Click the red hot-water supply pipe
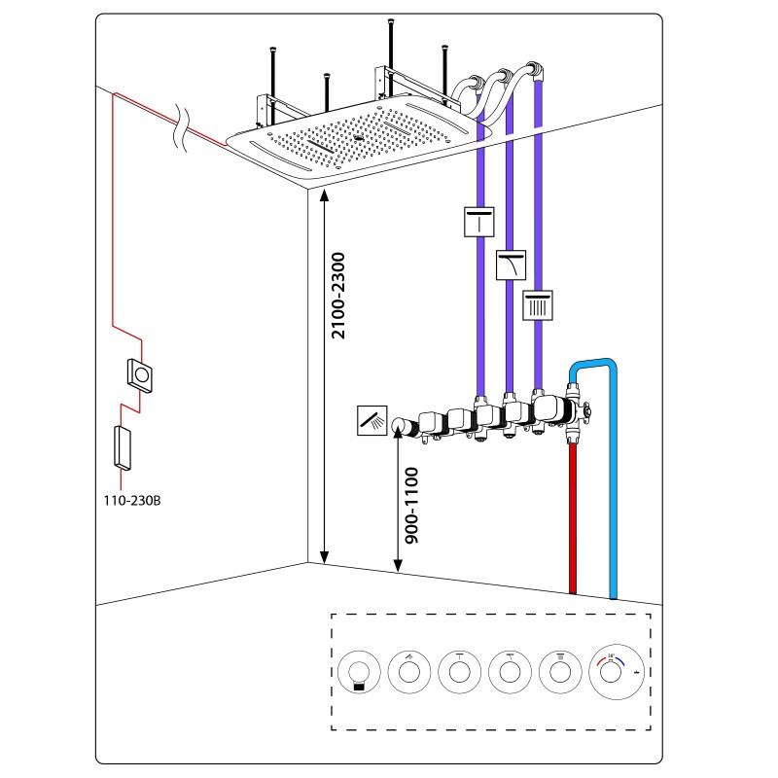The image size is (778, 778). (573, 515)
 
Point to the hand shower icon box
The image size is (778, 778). (371, 420)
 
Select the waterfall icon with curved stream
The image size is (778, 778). (511, 265)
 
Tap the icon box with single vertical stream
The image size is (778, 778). (478, 223)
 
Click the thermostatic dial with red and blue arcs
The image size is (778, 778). (617, 669)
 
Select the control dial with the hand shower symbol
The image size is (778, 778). (407, 670)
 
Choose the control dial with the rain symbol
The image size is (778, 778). (564, 670)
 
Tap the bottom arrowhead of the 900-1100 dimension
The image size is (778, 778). (397, 566)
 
